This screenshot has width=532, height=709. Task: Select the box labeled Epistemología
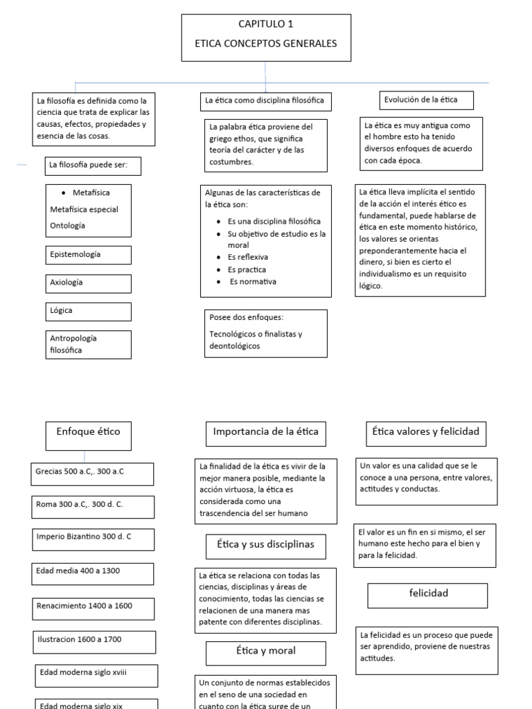[88, 255]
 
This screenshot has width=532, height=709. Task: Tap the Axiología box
[88, 283]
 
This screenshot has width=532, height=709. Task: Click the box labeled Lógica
[88, 311]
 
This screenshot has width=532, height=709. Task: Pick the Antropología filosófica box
[88, 344]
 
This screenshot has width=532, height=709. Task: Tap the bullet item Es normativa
[253, 282]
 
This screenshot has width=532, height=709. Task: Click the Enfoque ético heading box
[88, 432]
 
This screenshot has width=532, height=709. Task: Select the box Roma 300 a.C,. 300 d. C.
[92, 505]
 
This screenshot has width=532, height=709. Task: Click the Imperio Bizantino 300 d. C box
[92, 537]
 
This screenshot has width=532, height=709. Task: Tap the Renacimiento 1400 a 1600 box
[92, 607]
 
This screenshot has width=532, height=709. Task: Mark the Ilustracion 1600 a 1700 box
[92, 640]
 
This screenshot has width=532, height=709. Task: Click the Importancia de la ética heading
[266, 432]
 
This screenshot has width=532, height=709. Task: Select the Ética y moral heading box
[266, 652]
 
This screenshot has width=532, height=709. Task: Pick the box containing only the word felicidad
[427, 594]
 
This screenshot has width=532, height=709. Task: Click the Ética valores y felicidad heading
[425, 432]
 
